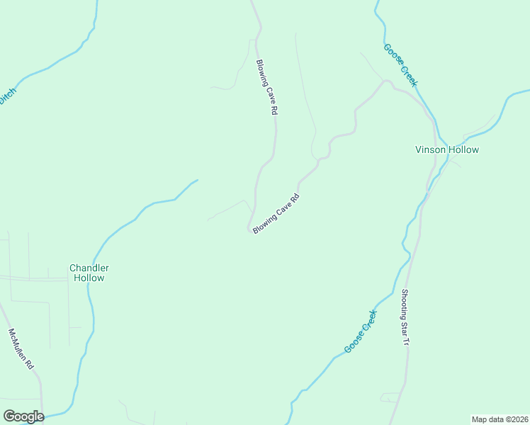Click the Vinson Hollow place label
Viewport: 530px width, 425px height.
point(446,149)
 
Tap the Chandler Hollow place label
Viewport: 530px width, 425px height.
point(89,273)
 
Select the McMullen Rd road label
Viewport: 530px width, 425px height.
point(21,349)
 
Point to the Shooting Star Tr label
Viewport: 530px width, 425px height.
point(405,317)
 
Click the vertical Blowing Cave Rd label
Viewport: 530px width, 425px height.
point(266,87)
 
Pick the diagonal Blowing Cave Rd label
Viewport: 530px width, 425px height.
point(277,214)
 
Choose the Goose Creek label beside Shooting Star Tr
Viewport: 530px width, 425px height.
point(361,331)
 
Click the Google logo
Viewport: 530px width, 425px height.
point(23,416)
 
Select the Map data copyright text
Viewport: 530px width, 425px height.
point(500,419)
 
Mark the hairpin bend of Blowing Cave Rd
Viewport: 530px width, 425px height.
point(250,229)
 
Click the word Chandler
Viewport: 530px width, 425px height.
point(89,268)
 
